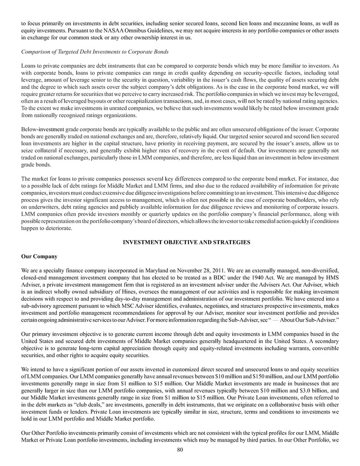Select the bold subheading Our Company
[x=39, y=256]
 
